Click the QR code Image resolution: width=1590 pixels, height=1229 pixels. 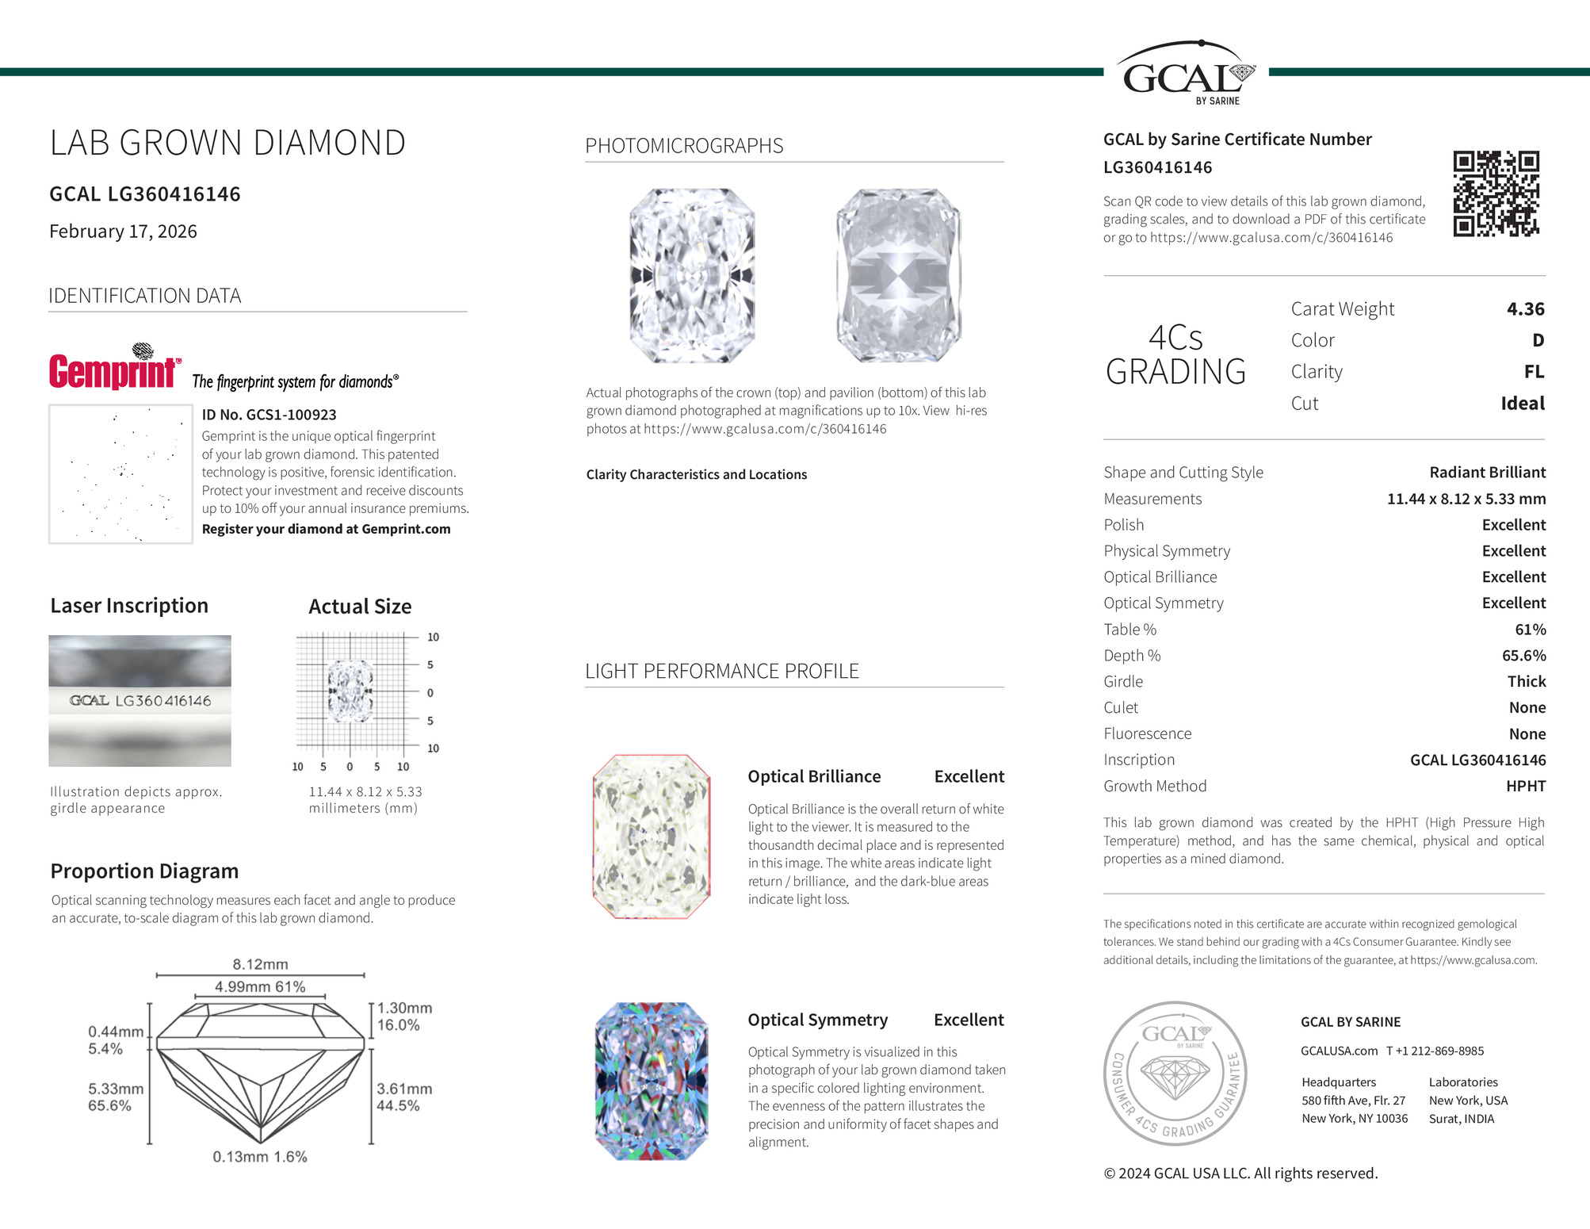coord(1496,194)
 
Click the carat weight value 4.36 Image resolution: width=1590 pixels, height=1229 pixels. coord(1525,309)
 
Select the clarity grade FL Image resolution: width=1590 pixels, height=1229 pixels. coord(1534,372)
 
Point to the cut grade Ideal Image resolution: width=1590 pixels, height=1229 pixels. coord(1522,404)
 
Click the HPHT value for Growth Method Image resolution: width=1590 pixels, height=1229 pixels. coord(1525,787)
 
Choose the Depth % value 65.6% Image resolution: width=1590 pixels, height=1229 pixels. coord(1523,656)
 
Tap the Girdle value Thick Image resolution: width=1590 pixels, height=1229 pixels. coord(1526,682)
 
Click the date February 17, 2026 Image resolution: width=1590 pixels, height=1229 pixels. coord(123,232)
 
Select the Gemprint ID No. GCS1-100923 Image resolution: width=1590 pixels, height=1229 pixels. coord(269,415)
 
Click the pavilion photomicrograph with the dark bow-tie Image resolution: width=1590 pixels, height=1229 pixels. coord(898,276)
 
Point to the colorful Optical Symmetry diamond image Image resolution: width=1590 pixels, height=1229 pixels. coord(651,1081)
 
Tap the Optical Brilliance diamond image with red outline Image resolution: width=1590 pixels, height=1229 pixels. coord(651,837)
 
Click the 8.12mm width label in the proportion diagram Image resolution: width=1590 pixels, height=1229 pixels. coord(260,964)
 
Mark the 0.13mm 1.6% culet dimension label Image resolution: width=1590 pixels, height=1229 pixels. coord(259,1157)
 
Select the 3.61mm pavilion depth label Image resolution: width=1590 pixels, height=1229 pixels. coord(403,1089)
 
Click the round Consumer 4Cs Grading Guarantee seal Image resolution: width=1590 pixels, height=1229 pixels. coord(1175,1073)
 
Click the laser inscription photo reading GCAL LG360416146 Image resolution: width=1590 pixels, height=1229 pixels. coord(140,701)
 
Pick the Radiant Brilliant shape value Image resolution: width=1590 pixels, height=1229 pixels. coord(1487,473)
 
